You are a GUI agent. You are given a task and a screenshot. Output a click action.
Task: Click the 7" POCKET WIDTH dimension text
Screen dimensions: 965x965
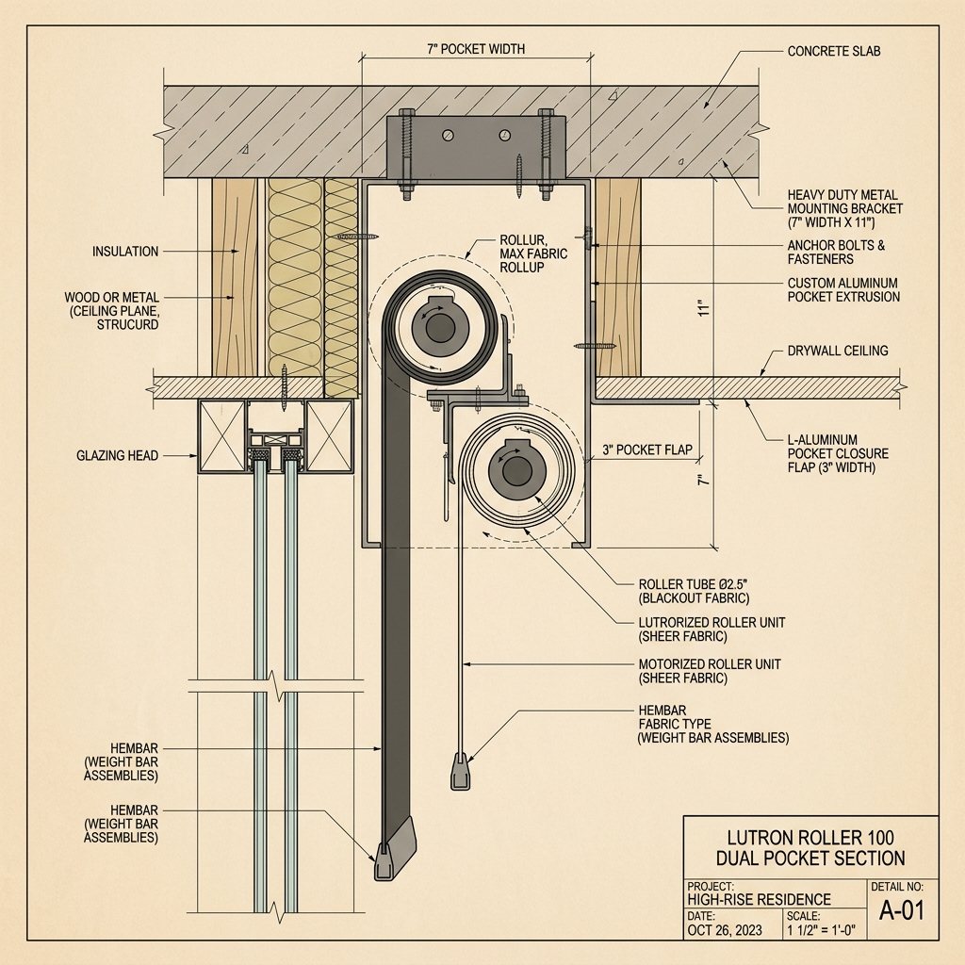pyautogui.click(x=476, y=48)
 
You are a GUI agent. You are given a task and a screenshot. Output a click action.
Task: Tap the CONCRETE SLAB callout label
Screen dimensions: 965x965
pyautogui.click(x=834, y=51)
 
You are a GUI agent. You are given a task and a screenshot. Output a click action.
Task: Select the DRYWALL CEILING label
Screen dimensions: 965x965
pyautogui.click(x=838, y=352)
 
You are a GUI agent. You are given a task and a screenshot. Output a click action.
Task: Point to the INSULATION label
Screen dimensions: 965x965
pyautogui.click(x=125, y=252)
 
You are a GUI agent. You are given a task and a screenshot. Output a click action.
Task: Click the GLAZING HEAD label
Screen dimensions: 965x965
pyautogui.click(x=115, y=456)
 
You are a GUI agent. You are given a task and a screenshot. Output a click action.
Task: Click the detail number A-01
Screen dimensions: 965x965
pyautogui.click(x=902, y=910)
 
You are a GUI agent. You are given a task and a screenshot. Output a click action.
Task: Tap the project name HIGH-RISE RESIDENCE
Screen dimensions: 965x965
pyautogui.click(x=759, y=900)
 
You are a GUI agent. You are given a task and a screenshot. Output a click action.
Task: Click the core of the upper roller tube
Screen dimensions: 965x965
pyautogui.click(x=439, y=327)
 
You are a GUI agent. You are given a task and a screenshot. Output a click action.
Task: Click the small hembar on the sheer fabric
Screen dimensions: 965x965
pyautogui.click(x=457, y=770)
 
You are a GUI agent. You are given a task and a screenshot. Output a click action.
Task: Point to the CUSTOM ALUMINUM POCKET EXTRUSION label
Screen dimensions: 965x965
pyautogui.click(x=843, y=289)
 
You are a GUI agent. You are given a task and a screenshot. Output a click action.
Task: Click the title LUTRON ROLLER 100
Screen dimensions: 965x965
pyautogui.click(x=810, y=837)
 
